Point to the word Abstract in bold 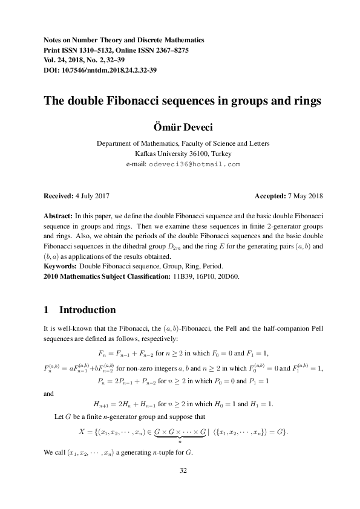point(58,216)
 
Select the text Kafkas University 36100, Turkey point(180,154)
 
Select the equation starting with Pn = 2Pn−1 point(179,381)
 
